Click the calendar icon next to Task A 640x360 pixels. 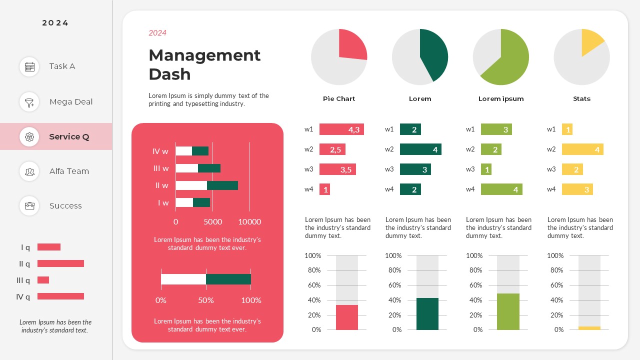click(x=29, y=66)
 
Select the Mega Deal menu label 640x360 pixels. click(x=71, y=102)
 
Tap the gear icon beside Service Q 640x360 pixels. click(x=29, y=136)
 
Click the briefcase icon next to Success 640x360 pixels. click(x=29, y=205)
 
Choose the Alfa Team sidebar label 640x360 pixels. click(x=69, y=171)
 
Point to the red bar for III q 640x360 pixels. click(x=43, y=280)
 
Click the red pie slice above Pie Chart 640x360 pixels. click(x=351, y=45)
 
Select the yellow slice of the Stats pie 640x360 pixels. click(x=591, y=41)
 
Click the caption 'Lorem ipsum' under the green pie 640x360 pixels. click(x=501, y=99)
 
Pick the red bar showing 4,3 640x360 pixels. click(x=341, y=129)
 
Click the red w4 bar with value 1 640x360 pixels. click(x=324, y=189)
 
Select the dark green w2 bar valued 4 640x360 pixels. click(x=420, y=149)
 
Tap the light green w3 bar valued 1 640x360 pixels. click(x=486, y=169)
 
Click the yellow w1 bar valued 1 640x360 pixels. click(x=567, y=129)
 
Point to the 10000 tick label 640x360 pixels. click(x=249, y=222)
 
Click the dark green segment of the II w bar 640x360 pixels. click(x=222, y=185)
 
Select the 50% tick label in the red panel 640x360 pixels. click(x=206, y=300)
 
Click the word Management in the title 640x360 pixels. click(x=204, y=55)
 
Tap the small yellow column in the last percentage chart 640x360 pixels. click(x=589, y=328)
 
